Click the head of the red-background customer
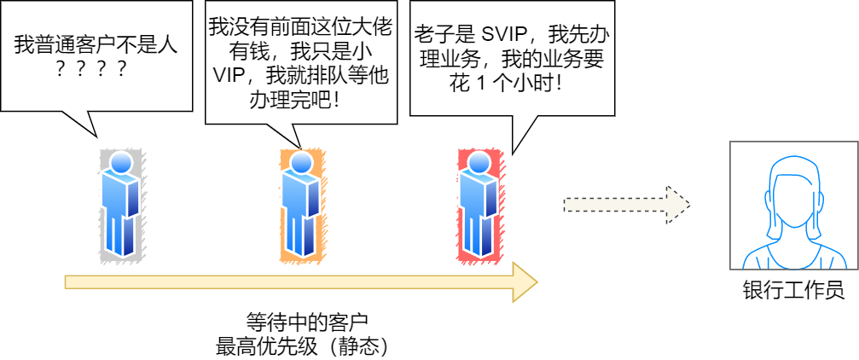click(479, 163)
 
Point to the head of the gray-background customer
click(121, 163)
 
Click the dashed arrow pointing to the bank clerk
click(626, 205)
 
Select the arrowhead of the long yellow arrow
click(523, 282)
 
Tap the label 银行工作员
click(793, 291)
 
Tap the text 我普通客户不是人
click(96, 45)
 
